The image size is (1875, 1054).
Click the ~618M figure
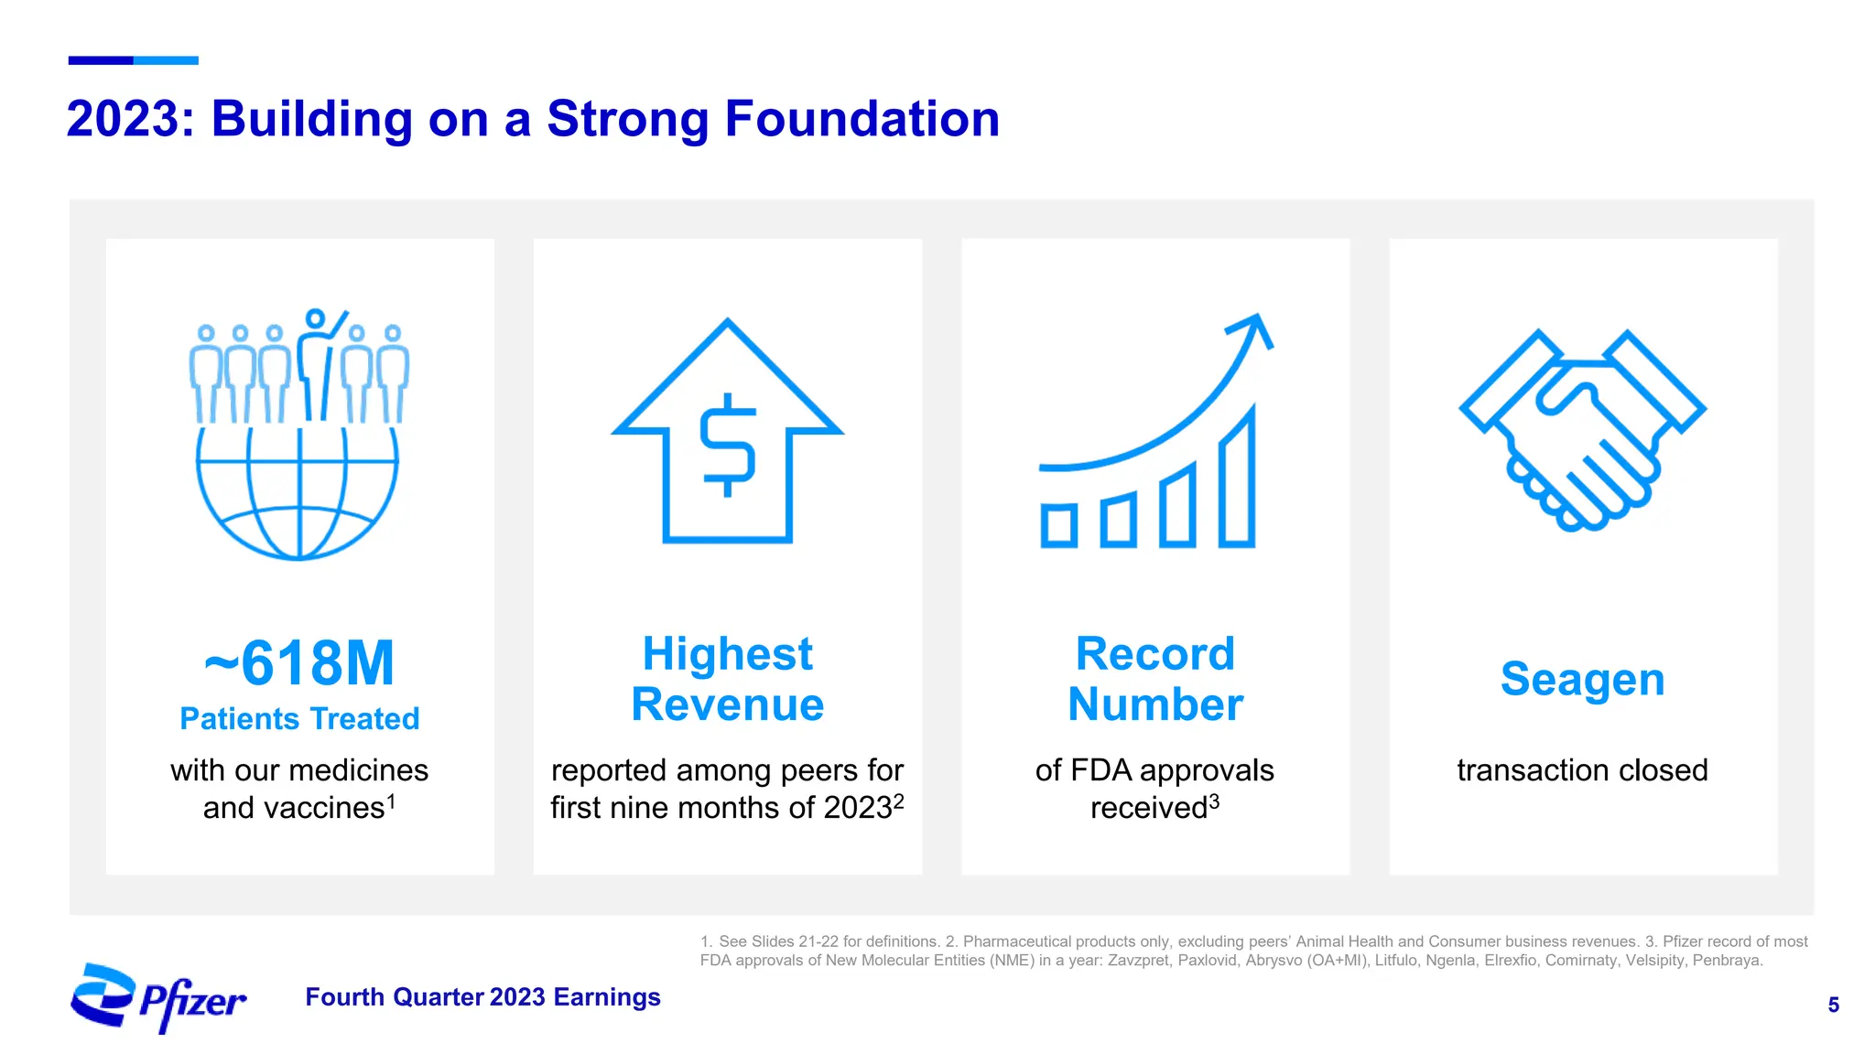[299, 662]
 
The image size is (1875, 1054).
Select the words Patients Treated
[299, 719]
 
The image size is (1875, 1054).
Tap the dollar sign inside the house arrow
[728, 445]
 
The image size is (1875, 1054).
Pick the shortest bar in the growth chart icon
[1059, 525]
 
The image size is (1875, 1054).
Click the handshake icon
[1582, 430]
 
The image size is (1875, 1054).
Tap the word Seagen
[1582, 680]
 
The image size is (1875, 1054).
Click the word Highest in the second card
[728, 654]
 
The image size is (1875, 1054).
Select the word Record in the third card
[1155, 654]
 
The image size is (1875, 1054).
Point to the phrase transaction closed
[1582, 770]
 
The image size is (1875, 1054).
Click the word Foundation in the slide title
[862, 119]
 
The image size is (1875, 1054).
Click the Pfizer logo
[158, 997]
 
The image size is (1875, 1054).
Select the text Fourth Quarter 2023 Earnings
[482, 997]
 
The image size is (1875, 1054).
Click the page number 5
[1833, 1006]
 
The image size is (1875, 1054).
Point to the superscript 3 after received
[1214, 801]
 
